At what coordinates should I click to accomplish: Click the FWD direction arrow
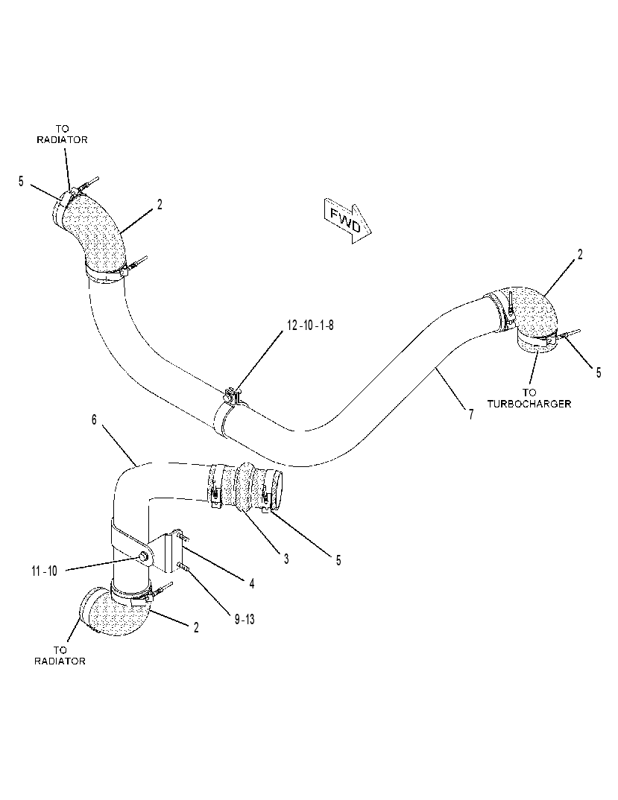[347, 220]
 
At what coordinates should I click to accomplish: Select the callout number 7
[471, 413]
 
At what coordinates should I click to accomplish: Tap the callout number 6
[94, 419]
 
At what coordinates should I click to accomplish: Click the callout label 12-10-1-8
[311, 325]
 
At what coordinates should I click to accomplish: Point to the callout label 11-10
[45, 571]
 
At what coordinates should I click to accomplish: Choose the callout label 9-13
[245, 620]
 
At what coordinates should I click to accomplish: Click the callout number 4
[252, 583]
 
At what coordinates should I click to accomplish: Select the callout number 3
[286, 559]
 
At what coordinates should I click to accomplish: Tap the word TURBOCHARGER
[529, 404]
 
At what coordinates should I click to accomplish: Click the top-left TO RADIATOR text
[62, 134]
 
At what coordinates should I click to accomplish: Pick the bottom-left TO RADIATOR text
[60, 655]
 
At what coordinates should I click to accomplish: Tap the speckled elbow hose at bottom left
[115, 612]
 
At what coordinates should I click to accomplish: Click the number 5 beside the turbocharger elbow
[599, 372]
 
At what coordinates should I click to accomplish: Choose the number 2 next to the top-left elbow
[160, 205]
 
